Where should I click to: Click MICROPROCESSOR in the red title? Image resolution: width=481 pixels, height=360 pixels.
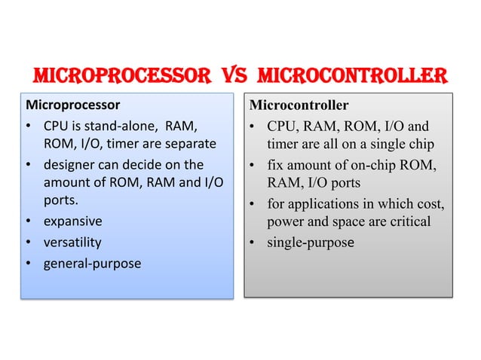point(120,77)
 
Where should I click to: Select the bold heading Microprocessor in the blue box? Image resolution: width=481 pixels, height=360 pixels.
point(73,103)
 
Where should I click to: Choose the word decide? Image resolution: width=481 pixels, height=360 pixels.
point(142,164)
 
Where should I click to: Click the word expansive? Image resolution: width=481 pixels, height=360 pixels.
point(73,222)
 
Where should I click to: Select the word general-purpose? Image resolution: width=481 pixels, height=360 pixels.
point(92,263)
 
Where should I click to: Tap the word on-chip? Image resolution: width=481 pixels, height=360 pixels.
point(365,164)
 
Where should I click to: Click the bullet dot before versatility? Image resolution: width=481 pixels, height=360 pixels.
point(29,243)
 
